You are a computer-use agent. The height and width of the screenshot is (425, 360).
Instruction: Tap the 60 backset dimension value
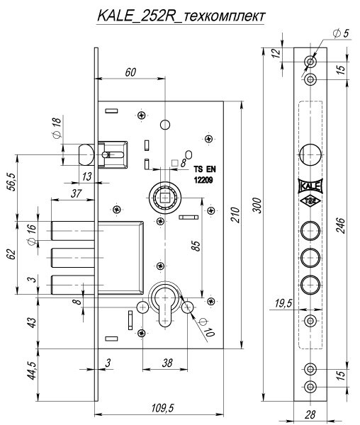click(130, 72)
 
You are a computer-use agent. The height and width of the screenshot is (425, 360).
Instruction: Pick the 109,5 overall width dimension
click(163, 408)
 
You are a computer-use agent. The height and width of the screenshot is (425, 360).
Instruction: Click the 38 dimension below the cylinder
click(167, 363)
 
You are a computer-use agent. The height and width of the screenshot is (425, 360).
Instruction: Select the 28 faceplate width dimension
click(310, 414)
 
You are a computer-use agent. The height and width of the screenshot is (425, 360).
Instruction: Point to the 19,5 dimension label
click(283, 304)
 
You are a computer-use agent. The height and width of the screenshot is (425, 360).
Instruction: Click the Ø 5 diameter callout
click(341, 33)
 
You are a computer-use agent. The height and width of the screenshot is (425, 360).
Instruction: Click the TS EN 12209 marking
click(204, 174)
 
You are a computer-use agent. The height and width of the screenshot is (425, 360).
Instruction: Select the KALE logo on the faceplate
click(310, 186)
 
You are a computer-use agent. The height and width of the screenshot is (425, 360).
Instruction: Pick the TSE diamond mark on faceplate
click(310, 201)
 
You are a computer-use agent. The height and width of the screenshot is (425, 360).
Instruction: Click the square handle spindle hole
click(164, 198)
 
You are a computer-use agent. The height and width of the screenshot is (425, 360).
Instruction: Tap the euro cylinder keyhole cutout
click(164, 305)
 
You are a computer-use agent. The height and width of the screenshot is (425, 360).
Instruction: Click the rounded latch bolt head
click(86, 154)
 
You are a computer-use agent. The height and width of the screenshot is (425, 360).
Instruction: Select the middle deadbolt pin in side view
click(73, 258)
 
